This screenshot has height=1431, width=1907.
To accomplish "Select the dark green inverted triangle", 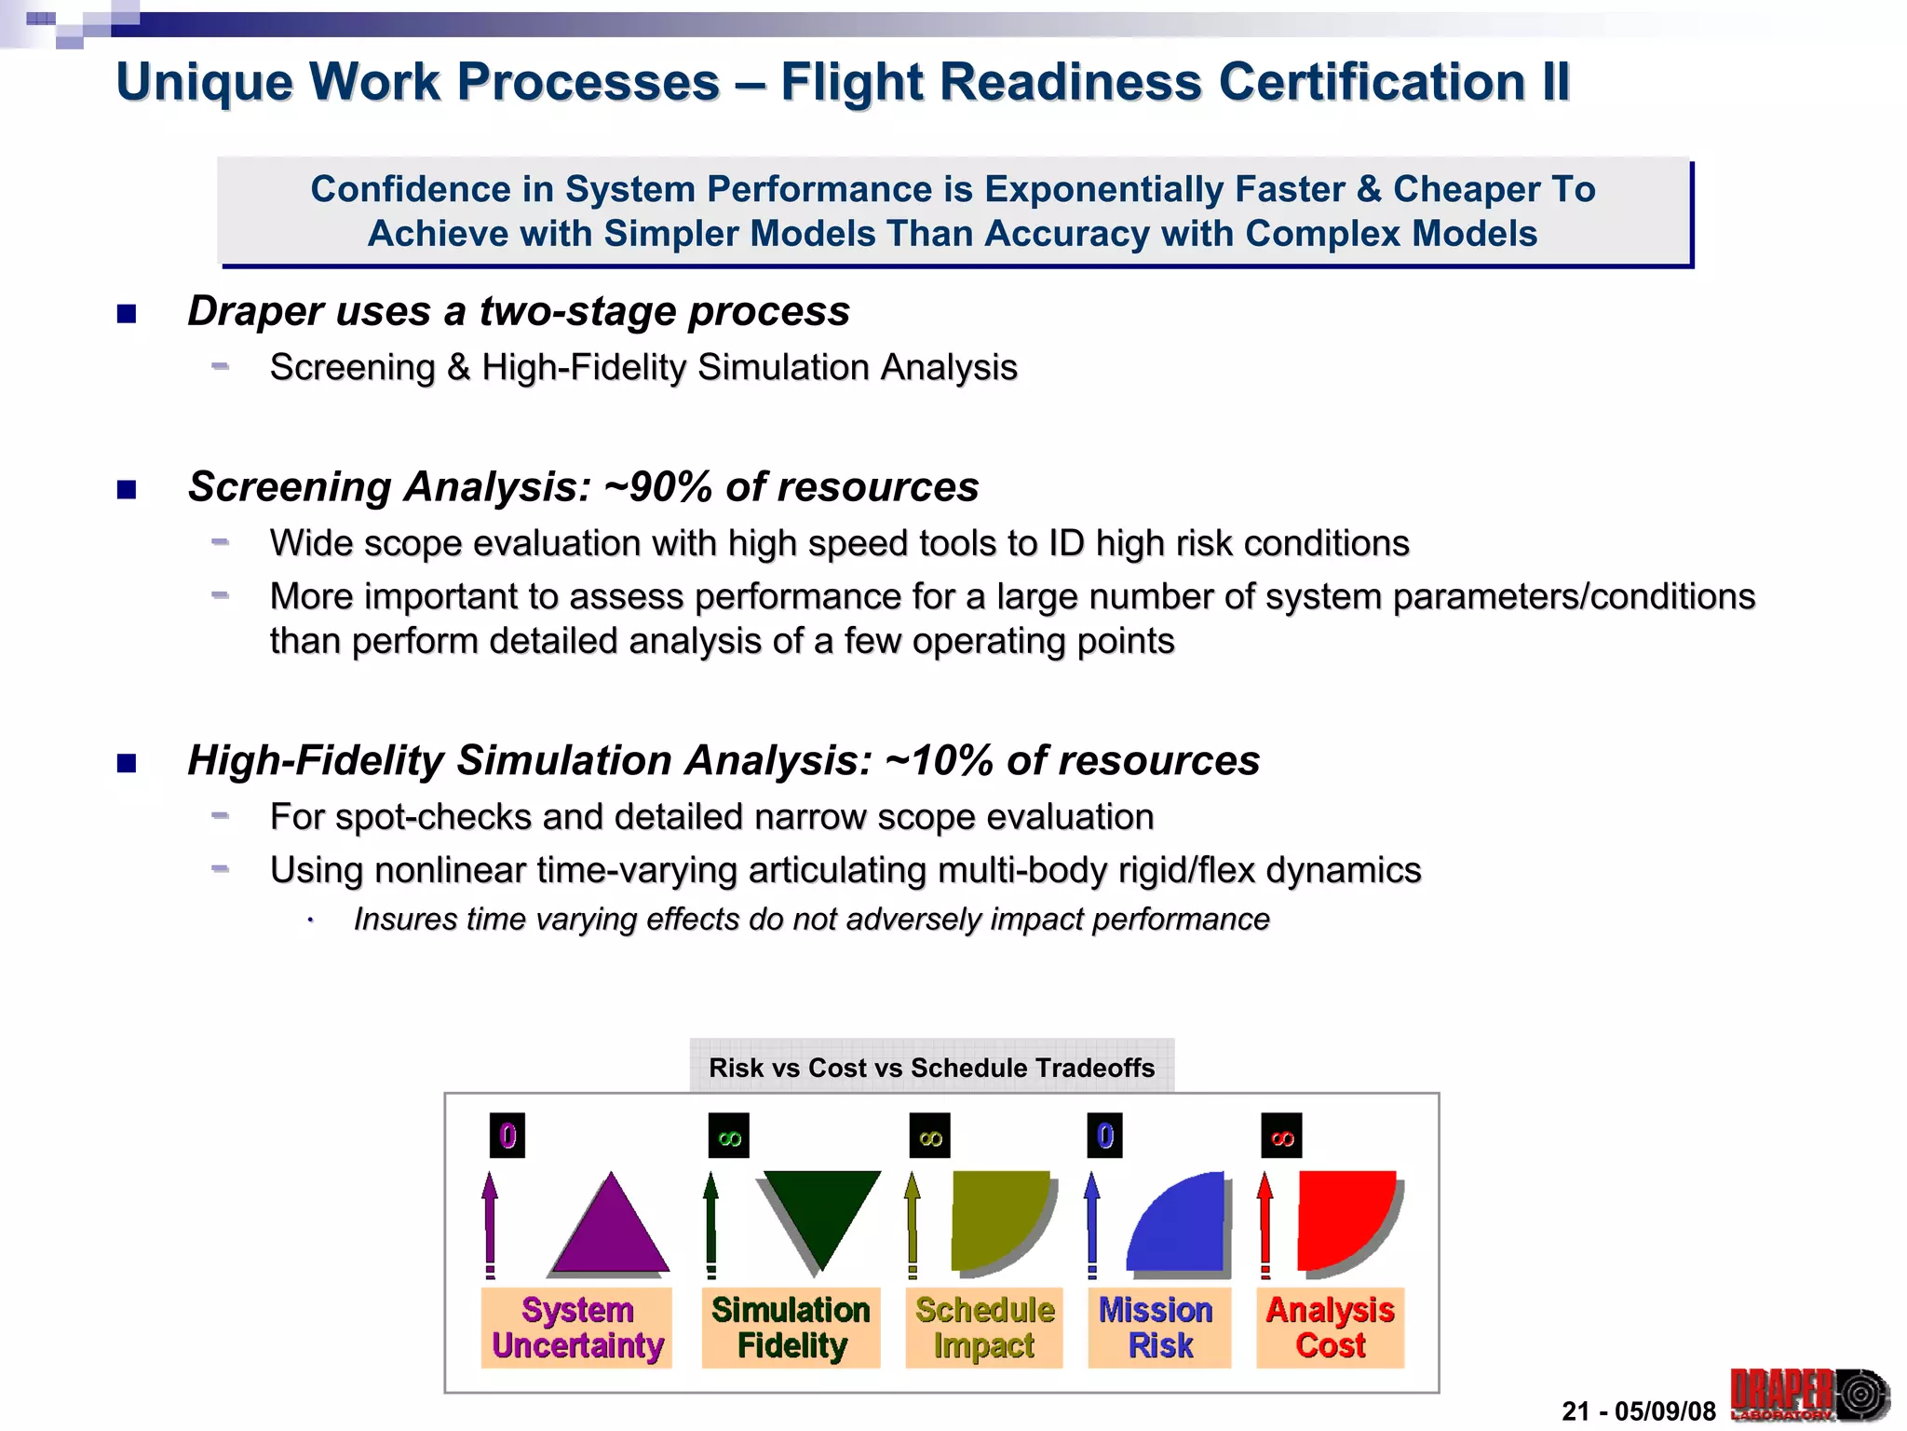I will (x=820, y=1211).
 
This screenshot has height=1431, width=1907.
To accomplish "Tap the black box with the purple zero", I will (x=507, y=1136).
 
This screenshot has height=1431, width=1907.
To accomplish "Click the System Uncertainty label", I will (x=577, y=1328).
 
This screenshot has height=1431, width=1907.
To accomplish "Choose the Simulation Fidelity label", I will (x=791, y=1328).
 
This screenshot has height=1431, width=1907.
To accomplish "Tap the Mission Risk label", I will (x=1158, y=1328).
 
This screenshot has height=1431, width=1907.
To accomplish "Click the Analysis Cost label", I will (x=1330, y=1328).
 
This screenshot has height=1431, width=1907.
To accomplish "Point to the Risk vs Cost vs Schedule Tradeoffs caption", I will (x=931, y=1068).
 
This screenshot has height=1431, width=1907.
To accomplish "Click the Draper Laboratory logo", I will (x=1808, y=1395).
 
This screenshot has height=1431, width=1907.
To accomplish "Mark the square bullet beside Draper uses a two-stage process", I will (x=127, y=314).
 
